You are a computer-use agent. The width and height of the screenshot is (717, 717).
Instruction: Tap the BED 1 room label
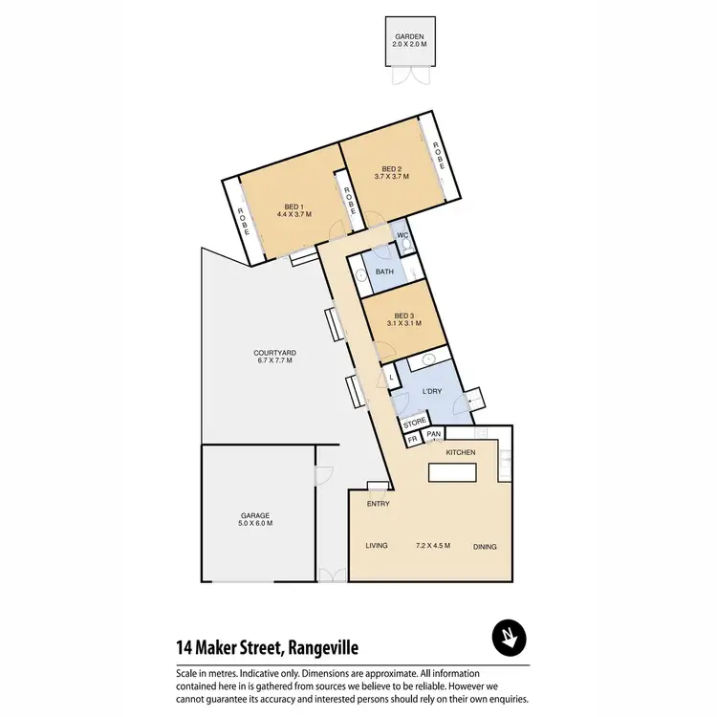pos(294,206)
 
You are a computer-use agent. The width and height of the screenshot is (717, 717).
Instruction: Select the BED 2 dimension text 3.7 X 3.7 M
pos(392,177)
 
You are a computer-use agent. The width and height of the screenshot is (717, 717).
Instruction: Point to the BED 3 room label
pos(404,315)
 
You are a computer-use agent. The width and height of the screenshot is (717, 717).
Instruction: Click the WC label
pos(403,235)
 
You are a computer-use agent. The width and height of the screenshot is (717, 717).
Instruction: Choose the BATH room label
pos(385,272)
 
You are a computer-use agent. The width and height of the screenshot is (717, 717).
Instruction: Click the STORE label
pos(414,423)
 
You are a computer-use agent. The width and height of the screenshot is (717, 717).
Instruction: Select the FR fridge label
pos(413,441)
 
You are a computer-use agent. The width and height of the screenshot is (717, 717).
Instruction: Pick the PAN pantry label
pos(433,435)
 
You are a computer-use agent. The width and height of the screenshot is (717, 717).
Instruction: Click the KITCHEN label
pos(461,451)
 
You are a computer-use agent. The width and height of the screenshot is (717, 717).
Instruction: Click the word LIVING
pos(377,546)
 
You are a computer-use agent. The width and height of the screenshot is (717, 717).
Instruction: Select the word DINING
pos(486,547)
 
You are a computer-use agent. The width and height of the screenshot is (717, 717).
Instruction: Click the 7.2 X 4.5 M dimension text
pos(433,546)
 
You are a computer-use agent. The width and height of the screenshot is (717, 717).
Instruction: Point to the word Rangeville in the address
pos(321,648)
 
